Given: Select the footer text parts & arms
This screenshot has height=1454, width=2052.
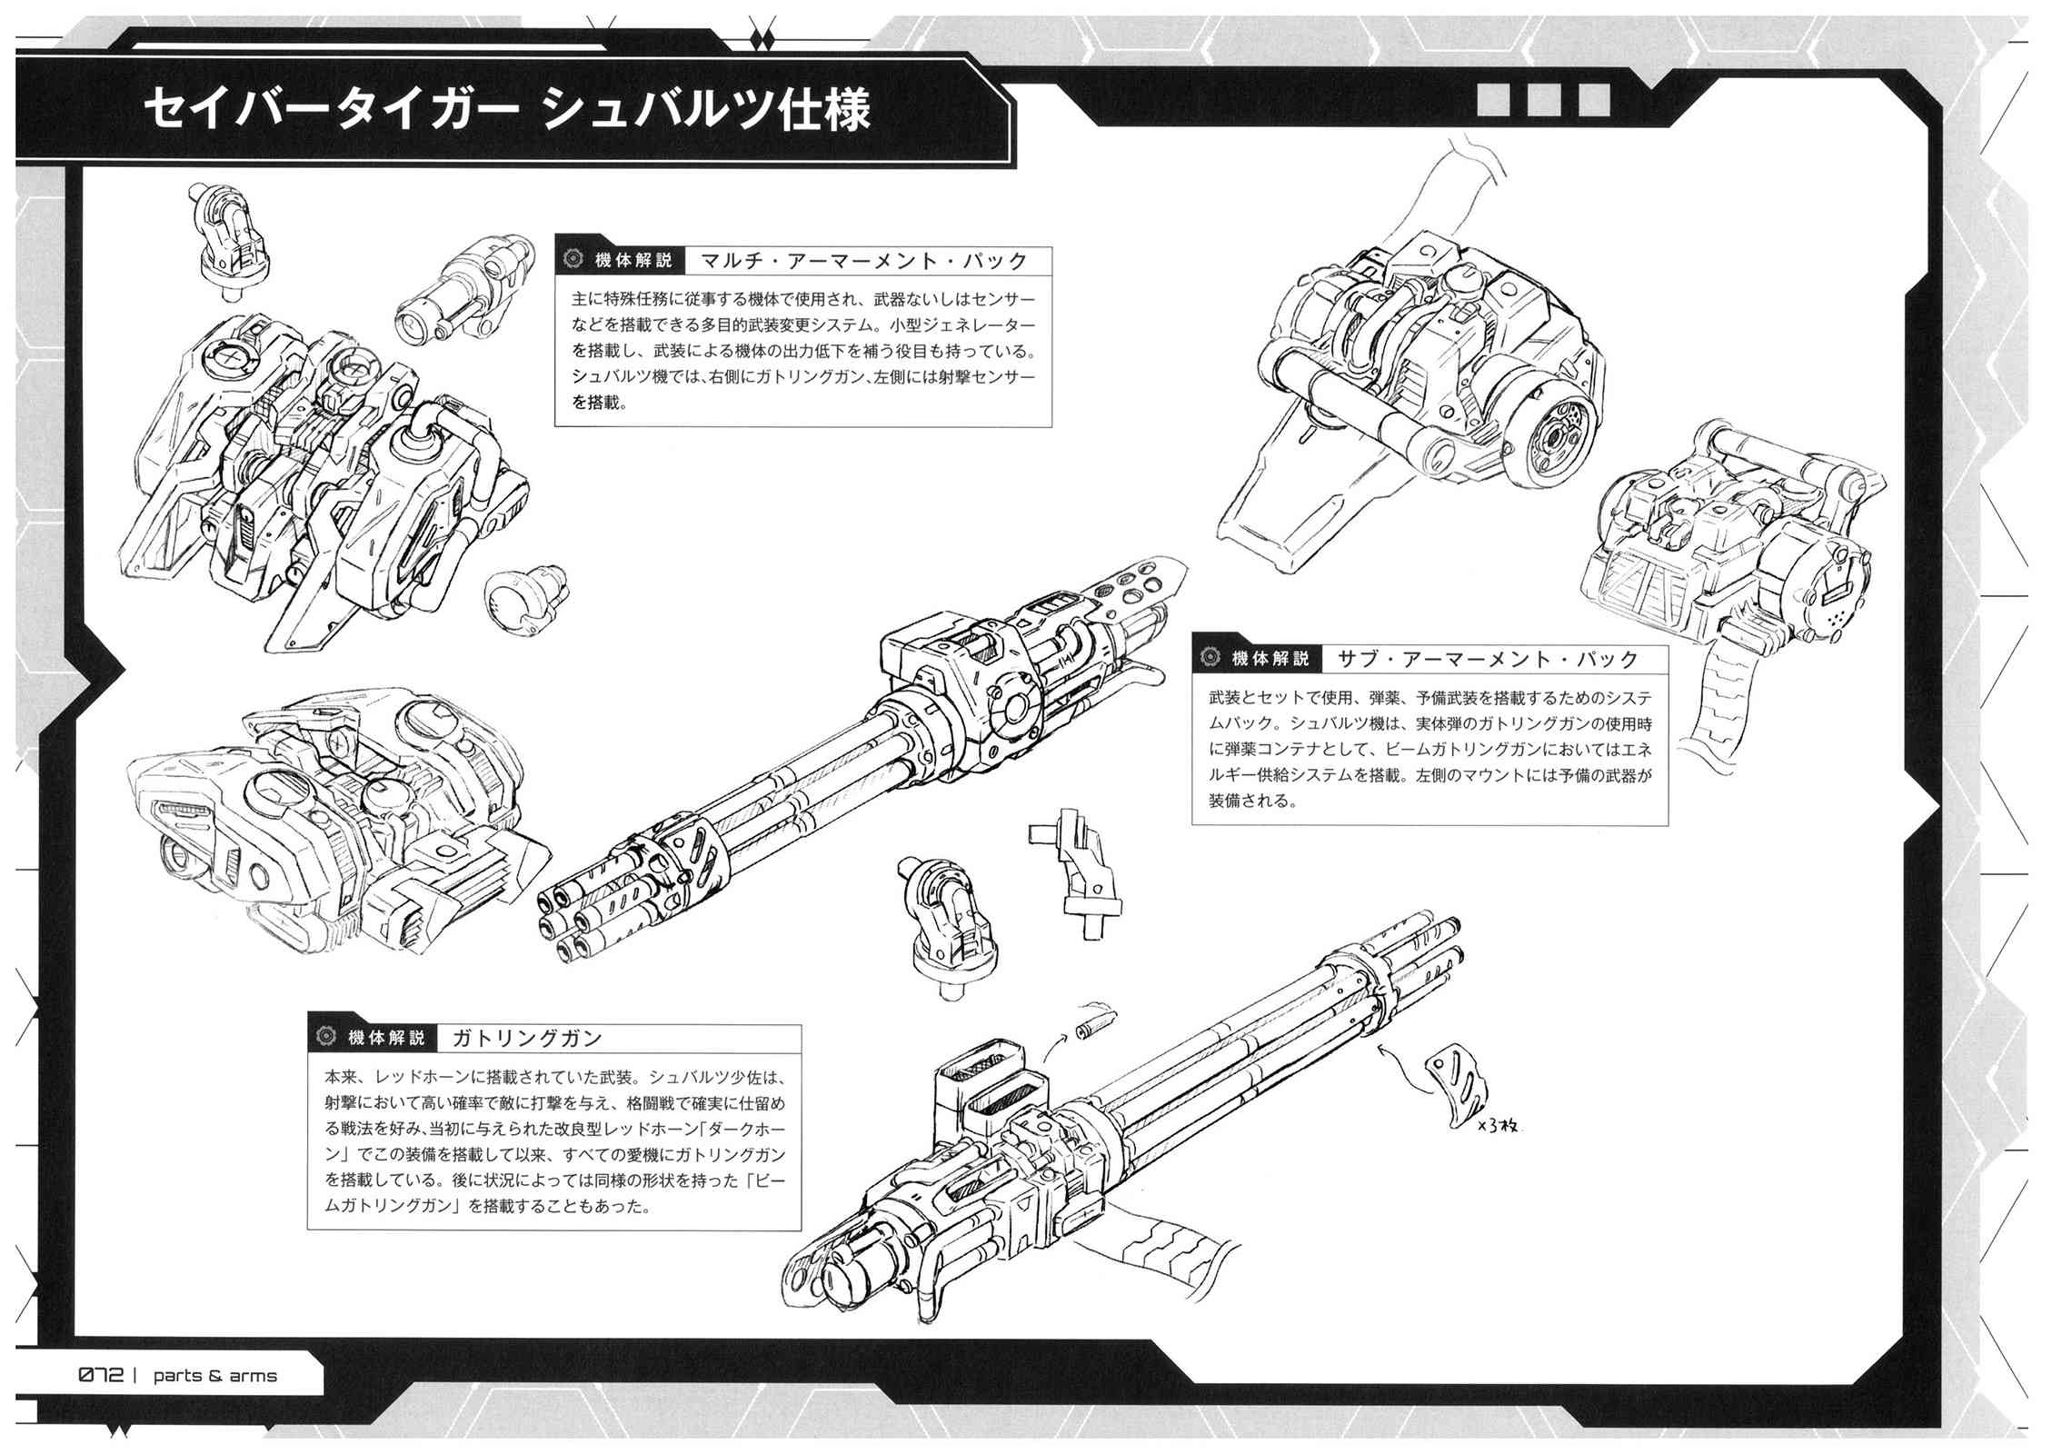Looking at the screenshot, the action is [x=215, y=1376].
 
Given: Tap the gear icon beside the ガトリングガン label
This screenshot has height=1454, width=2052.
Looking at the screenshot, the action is [x=324, y=1038].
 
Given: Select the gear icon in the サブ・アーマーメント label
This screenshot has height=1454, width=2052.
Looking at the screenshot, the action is [x=1210, y=658].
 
